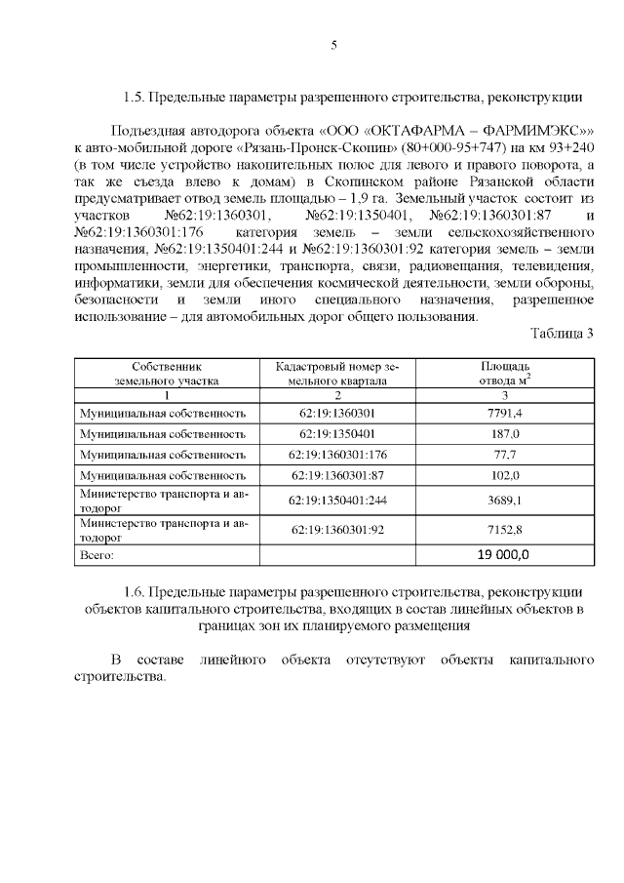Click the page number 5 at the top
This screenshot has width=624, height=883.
(x=333, y=45)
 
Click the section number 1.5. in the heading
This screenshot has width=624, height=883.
(x=136, y=97)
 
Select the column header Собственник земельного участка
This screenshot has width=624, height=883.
(x=167, y=374)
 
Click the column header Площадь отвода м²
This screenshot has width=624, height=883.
(x=504, y=374)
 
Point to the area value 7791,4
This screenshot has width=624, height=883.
(x=504, y=413)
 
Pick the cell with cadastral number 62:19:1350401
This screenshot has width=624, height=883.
(x=338, y=433)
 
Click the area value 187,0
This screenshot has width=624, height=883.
(x=504, y=433)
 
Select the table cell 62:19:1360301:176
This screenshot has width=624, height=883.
(x=338, y=455)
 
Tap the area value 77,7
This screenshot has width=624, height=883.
(x=504, y=455)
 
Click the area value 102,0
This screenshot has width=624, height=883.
(x=504, y=476)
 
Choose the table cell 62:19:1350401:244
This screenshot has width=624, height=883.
(x=338, y=501)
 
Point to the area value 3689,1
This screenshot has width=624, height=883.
(x=504, y=501)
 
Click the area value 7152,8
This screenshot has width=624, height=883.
(x=504, y=530)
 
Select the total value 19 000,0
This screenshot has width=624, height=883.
(x=503, y=554)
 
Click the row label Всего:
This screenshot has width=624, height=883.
(x=97, y=555)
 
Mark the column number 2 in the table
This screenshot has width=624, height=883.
(x=338, y=395)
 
